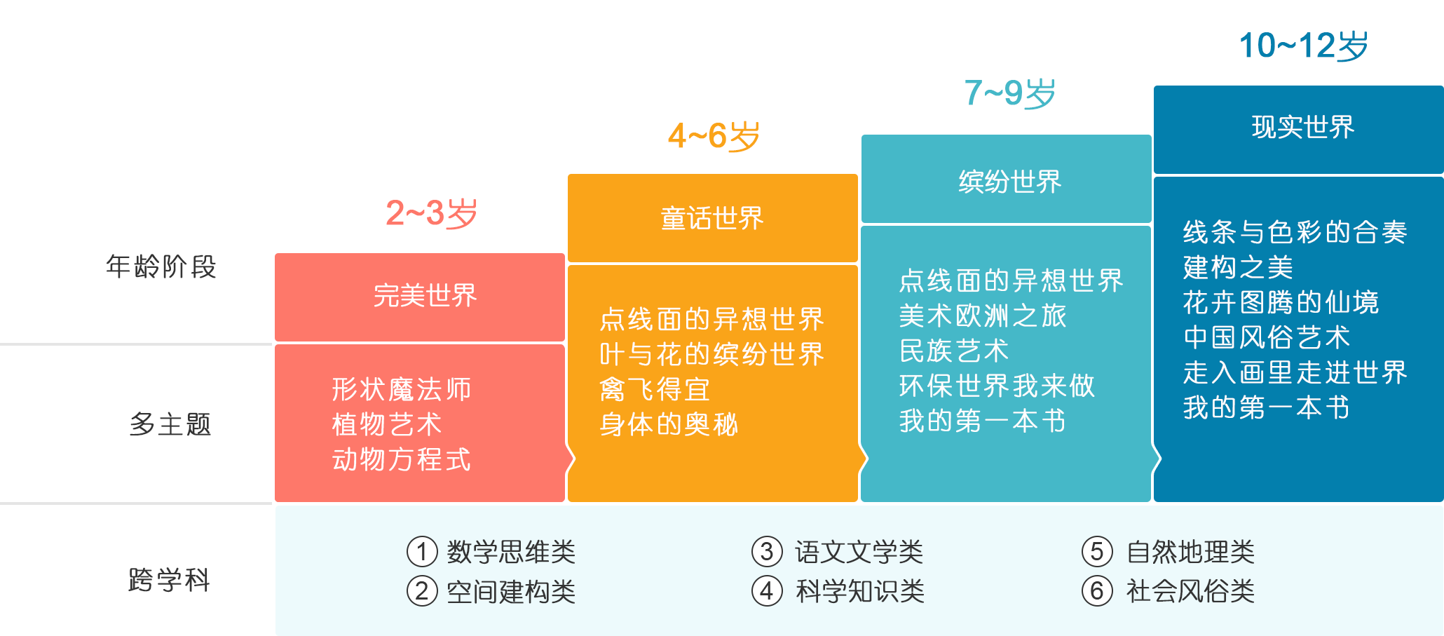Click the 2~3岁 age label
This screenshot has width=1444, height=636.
click(431, 213)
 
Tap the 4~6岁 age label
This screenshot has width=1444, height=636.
click(714, 135)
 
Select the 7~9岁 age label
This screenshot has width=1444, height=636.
click(1009, 93)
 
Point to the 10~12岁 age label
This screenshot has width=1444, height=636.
click(1303, 46)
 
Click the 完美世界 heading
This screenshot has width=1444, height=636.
click(425, 295)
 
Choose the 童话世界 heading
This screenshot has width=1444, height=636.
click(712, 218)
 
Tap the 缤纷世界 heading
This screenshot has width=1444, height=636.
click(1009, 182)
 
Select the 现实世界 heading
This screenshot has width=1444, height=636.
click(1302, 127)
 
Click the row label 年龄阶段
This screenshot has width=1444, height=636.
click(161, 266)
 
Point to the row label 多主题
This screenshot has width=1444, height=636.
click(170, 424)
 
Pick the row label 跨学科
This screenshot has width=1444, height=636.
click(170, 580)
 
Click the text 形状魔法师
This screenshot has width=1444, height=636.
click(402, 389)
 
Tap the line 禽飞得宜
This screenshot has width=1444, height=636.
click(655, 389)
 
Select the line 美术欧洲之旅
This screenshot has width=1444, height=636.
click(983, 316)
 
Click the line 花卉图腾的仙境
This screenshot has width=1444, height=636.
click(1281, 302)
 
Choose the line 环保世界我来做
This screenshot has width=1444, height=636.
click(997, 386)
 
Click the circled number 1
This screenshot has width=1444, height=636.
click(422, 552)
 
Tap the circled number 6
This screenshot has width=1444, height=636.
click(1097, 591)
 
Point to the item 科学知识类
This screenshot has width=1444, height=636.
click(860, 591)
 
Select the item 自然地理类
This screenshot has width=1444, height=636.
click(1190, 552)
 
